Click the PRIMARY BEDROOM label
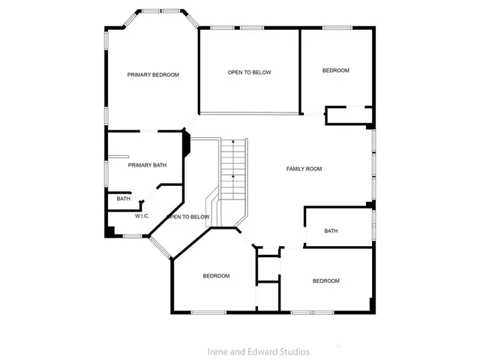[153, 74]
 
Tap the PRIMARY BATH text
[147, 165]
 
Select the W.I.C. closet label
[142, 216]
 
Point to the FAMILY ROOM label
[304, 169]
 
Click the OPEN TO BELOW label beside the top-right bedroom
[249, 73]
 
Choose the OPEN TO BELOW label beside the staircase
[187, 217]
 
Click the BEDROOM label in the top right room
[336, 70]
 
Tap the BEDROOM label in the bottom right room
[326, 280]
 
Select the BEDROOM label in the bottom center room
[216, 276]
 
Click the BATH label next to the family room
[331, 231]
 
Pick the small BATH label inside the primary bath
[123, 199]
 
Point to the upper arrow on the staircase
[233, 142]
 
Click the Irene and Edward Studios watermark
[258, 351]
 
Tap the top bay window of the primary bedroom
[161, 11]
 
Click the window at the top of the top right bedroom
[336, 28]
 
